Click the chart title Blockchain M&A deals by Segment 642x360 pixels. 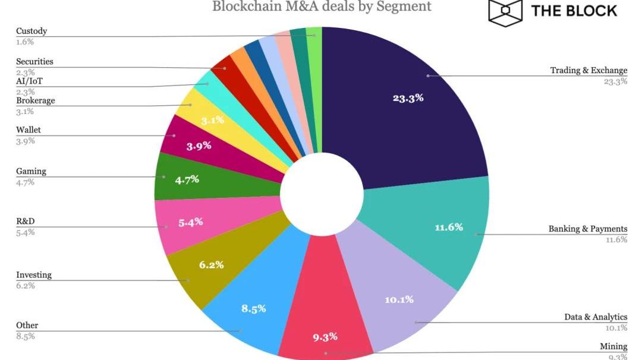pyautogui.click(x=322, y=7)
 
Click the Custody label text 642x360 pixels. pyautogui.click(x=32, y=31)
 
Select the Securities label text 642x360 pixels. pyautogui.click(x=34, y=62)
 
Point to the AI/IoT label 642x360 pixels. pyautogui.click(x=29, y=81)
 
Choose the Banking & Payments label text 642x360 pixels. pyautogui.click(x=587, y=229)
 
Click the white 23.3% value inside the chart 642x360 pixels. pyautogui.click(x=408, y=98)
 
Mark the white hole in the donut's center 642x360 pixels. pyautogui.click(x=322, y=196)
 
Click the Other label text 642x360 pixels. pyautogui.click(x=27, y=326)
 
